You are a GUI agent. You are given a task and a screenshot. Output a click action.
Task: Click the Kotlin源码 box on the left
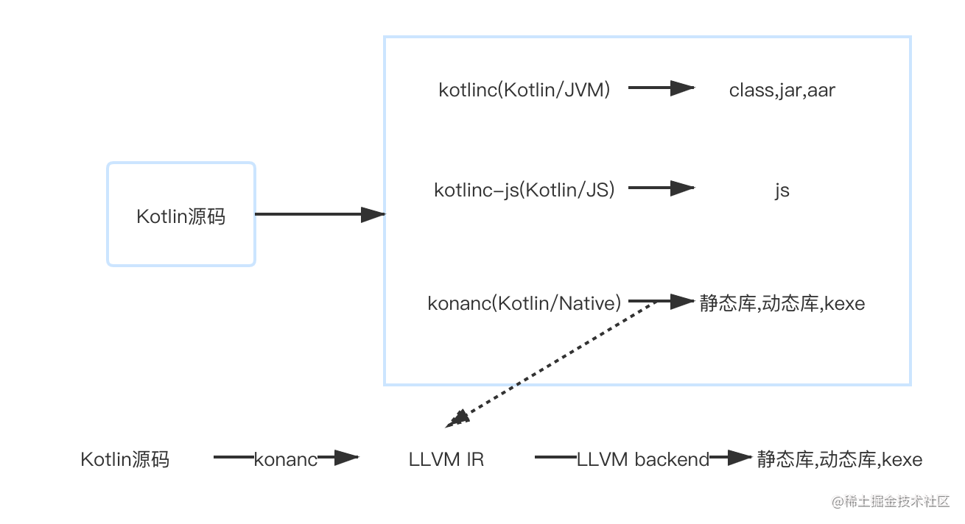tap(181, 215)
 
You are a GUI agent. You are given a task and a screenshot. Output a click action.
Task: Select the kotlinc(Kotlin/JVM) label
tap(524, 90)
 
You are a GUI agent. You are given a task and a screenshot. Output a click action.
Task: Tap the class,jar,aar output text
tap(782, 91)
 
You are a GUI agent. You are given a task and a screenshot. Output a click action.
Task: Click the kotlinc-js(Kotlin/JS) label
tap(524, 190)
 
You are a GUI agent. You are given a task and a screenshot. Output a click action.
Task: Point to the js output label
tap(782, 191)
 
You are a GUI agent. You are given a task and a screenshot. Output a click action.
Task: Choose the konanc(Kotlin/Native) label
tap(524, 303)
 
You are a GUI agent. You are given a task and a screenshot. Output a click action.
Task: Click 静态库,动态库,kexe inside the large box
tap(782, 303)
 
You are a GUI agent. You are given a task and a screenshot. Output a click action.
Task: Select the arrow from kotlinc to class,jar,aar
tap(661, 88)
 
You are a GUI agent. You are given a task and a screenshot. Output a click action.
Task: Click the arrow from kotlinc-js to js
tap(661, 188)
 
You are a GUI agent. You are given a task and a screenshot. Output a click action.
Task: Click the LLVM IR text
tap(446, 459)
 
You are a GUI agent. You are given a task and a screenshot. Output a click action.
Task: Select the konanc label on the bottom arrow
tap(286, 458)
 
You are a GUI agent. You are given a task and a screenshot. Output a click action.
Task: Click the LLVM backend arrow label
tap(642, 458)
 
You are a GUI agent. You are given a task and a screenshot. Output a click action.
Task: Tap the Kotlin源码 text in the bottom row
tap(124, 459)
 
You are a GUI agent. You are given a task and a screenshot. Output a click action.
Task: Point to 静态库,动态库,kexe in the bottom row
tap(839, 459)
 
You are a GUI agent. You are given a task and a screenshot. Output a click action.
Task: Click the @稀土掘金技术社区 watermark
tap(889, 500)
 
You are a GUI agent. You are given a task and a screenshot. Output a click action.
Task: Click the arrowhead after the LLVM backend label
tap(740, 458)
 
